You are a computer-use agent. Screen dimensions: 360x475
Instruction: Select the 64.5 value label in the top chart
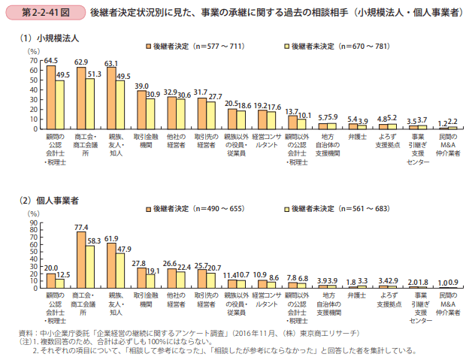[x=52, y=60]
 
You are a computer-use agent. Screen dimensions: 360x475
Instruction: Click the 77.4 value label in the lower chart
[x=82, y=226]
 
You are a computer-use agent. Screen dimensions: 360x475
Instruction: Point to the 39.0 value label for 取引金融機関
[x=142, y=86]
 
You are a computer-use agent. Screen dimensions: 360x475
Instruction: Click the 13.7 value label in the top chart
[x=294, y=110]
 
